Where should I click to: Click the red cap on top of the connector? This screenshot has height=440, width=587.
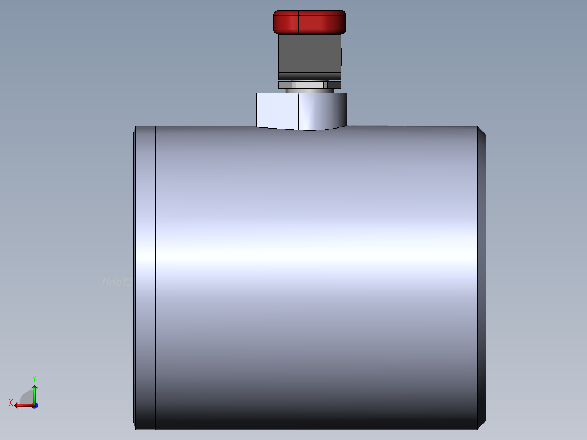[x=309, y=22]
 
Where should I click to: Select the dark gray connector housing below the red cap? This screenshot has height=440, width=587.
[x=309, y=54]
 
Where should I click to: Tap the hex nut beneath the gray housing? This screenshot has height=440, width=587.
[x=309, y=84]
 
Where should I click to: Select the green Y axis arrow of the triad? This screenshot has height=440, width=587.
[x=34, y=392]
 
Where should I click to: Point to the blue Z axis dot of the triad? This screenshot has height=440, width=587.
[x=34, y=405]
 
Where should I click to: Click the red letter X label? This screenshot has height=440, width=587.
[x=11, y=402]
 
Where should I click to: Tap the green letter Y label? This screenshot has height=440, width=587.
[x=34, y=378]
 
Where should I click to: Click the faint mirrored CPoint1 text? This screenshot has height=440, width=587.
[x=117, y=282]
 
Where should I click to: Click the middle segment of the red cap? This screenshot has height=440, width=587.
[x=310, y=22]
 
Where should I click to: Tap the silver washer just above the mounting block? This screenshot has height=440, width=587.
[x=309, y=90]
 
